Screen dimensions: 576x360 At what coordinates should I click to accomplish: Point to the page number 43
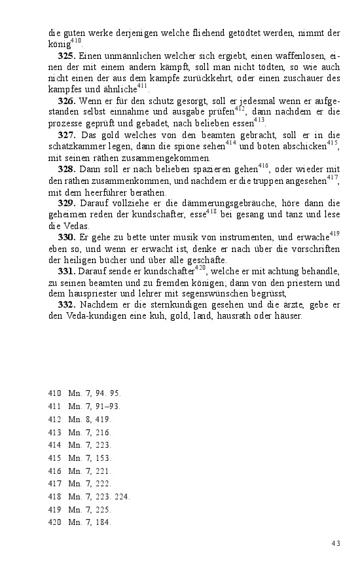point(336,543)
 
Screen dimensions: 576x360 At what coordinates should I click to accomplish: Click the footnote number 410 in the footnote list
point(54,393)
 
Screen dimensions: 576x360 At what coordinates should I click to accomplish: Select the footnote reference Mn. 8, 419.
point(90,420)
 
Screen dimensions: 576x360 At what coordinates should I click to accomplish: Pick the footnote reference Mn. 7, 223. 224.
point(99,496)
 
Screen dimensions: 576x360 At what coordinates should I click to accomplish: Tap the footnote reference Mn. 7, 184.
point(90,522)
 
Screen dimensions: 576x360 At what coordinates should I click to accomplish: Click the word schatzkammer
point(77,147)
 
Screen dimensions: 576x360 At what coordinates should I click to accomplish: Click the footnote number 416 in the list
point(54,471)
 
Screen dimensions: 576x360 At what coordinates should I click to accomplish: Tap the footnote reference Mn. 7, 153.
point(90,458)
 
